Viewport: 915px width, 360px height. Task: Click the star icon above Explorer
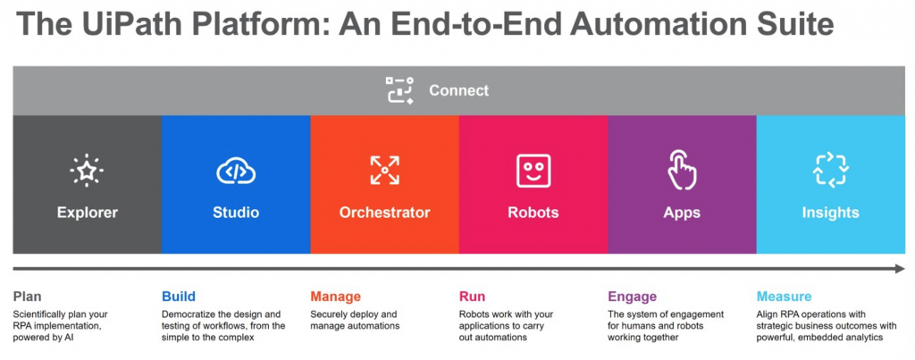(x=87, y=171)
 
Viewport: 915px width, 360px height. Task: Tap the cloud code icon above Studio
(x=236, y=171)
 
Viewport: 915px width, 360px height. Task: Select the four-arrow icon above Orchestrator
(x=384, y=171)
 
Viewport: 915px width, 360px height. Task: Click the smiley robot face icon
(x=533, y=171)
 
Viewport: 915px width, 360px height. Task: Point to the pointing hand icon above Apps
(x=682, y=171)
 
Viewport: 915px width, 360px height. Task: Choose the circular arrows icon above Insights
(x=830, y=171)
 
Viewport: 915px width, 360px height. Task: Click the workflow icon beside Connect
(x=400, y=90)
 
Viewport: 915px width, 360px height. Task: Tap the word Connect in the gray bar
(x=459, y=90)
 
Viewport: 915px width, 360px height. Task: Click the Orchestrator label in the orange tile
(x=384, y=213)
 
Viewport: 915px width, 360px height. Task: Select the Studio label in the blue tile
(x=236, y=213)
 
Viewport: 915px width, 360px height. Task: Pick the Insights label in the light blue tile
(x=830, y=213)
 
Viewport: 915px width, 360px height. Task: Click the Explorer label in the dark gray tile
(x=87, y=213)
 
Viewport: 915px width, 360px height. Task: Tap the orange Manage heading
(x=336, y=297)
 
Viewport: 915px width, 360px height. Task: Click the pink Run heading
(x=472, y=297)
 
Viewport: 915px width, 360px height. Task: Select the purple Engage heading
(x=632, y=297)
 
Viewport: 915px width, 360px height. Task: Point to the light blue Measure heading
(x=784, y=297)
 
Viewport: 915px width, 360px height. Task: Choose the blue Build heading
(x=179, y=297)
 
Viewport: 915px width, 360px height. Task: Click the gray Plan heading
(x=28, y=297)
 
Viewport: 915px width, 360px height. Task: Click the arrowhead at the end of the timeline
(x=899, y=268)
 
